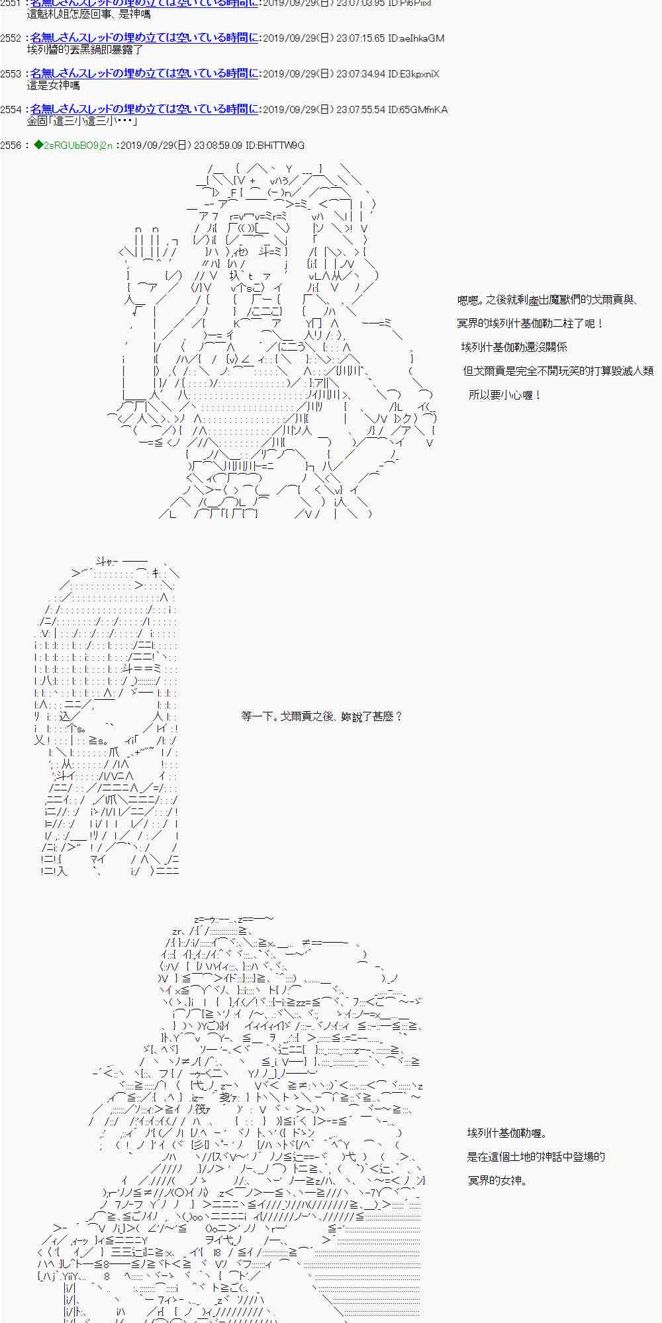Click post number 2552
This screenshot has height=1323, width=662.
coord(11,38)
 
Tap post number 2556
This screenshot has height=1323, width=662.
coord(11,146)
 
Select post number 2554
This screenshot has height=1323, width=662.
coord(11,110)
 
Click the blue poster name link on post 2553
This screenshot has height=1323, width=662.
coord(144,74)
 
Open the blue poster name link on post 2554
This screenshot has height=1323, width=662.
coord(144,110)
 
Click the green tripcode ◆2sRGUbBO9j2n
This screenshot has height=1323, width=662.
coord(73,146)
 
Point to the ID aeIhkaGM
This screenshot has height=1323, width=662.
coord(418,38)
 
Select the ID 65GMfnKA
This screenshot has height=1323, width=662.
coord(418,110)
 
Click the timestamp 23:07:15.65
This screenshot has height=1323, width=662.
coord(361,38)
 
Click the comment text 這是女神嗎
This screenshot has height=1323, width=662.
coord(54,86)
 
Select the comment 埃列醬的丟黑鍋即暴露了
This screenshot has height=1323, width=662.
coord(85,50)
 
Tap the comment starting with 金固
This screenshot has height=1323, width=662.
coord(82,122)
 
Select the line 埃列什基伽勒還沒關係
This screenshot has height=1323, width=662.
coord(514,347)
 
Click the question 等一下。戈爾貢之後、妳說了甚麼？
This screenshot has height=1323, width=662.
coord(322,716)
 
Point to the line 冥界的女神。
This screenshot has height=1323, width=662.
coord(497,1181)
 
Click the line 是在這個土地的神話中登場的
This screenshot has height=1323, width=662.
coord(536,1157)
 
